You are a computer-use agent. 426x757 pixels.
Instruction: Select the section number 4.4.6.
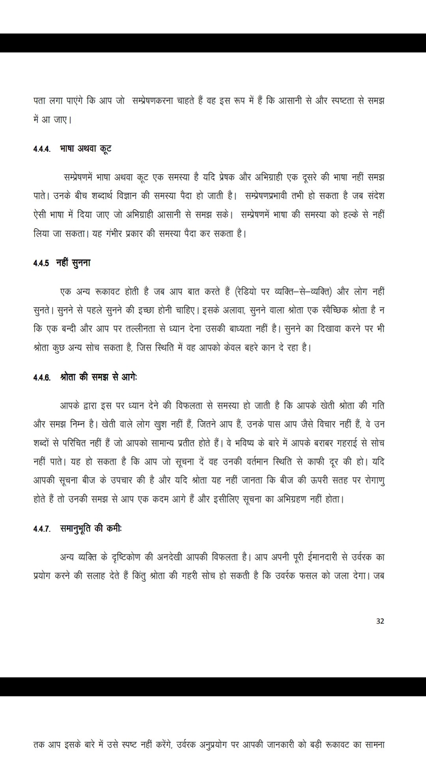[x=42, y=378]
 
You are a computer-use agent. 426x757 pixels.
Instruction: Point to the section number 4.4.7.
[x=42, y=529]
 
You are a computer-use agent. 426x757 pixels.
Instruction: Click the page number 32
[x=380, y=621]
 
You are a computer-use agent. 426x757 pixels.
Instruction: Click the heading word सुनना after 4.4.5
[x=81, y=263]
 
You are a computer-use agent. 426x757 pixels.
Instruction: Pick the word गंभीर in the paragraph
[x=114, y=234]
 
